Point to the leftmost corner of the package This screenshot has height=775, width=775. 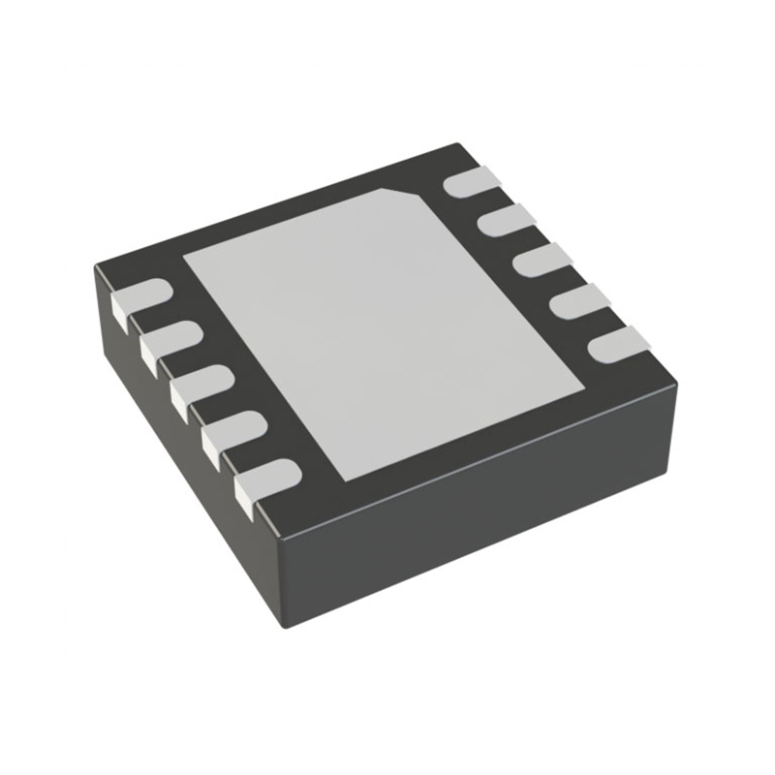tap(96, 266)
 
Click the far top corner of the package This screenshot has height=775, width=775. tap(455, 146)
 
